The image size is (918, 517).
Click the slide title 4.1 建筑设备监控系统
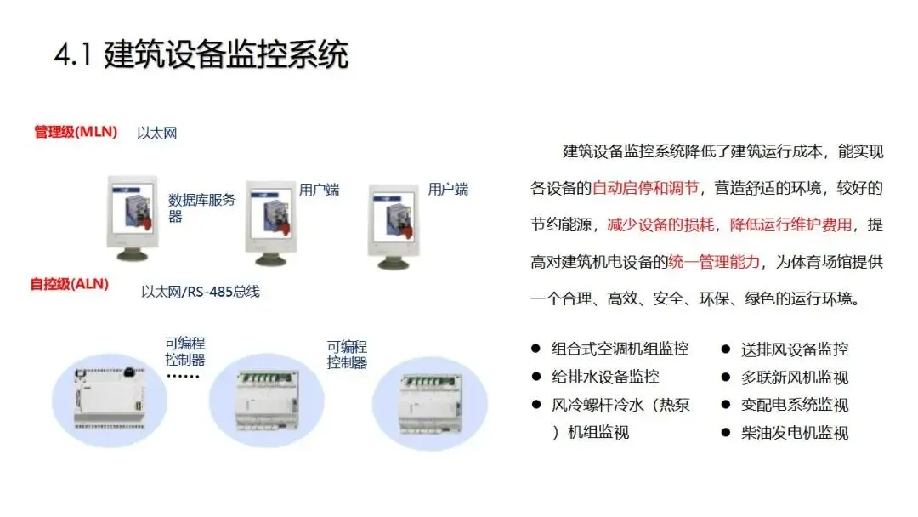[201, 54]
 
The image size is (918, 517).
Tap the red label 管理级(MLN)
[76, 132]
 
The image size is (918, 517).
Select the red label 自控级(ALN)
[70, 284]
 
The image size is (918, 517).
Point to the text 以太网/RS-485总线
[201, 292]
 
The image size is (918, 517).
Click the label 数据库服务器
[201, 207]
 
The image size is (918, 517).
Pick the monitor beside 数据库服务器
[133, 218]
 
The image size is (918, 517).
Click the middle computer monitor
[270, 223]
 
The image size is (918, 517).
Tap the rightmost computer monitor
[394, 226]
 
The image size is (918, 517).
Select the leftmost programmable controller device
[110, 398]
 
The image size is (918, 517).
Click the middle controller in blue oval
[266, 400]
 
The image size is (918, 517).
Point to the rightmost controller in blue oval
[430, 405]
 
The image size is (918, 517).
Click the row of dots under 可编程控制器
[184, 377]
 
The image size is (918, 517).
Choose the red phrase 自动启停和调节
[646, 188]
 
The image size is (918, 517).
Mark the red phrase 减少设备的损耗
[661, 224]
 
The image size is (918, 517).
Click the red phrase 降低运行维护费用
[791, 224]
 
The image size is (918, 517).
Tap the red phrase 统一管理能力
[714, 262]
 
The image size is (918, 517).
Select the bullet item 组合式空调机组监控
[620, 349]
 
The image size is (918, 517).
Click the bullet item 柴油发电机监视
[795, 434]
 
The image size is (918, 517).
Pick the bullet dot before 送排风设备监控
[726, 349]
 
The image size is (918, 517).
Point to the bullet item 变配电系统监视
[795, 405]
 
